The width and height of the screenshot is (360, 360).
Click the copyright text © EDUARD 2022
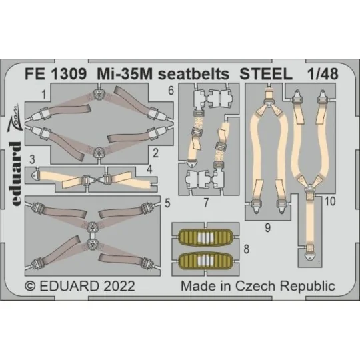[81, 286]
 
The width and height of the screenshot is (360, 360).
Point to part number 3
[32, 158]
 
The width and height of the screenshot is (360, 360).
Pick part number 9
[266, 227]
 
